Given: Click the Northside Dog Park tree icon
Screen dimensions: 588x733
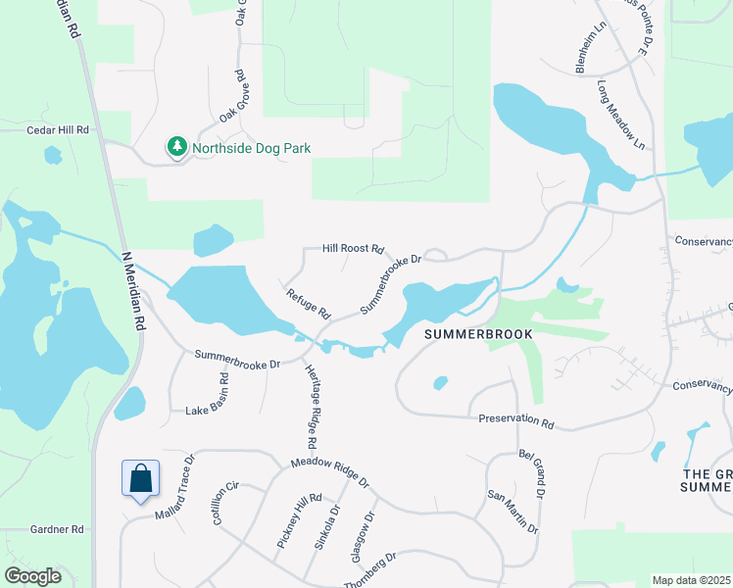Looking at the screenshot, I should click(177, 148).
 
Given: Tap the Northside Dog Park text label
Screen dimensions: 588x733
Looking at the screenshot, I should click(251, 149).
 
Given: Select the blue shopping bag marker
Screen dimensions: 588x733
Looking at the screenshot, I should click(141, 478).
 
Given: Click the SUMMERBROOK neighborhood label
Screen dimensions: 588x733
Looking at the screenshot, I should click(479, 334).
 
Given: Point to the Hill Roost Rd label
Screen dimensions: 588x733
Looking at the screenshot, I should click(353, 250).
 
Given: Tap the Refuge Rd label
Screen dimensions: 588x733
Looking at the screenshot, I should click(308, 305).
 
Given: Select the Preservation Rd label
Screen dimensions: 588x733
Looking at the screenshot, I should click(516, 419).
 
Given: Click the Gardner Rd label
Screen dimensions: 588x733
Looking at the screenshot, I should click(57, 529).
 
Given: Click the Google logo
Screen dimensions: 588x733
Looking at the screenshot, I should click(33, 576).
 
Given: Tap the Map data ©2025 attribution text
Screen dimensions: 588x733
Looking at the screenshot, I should click(691, 580).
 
